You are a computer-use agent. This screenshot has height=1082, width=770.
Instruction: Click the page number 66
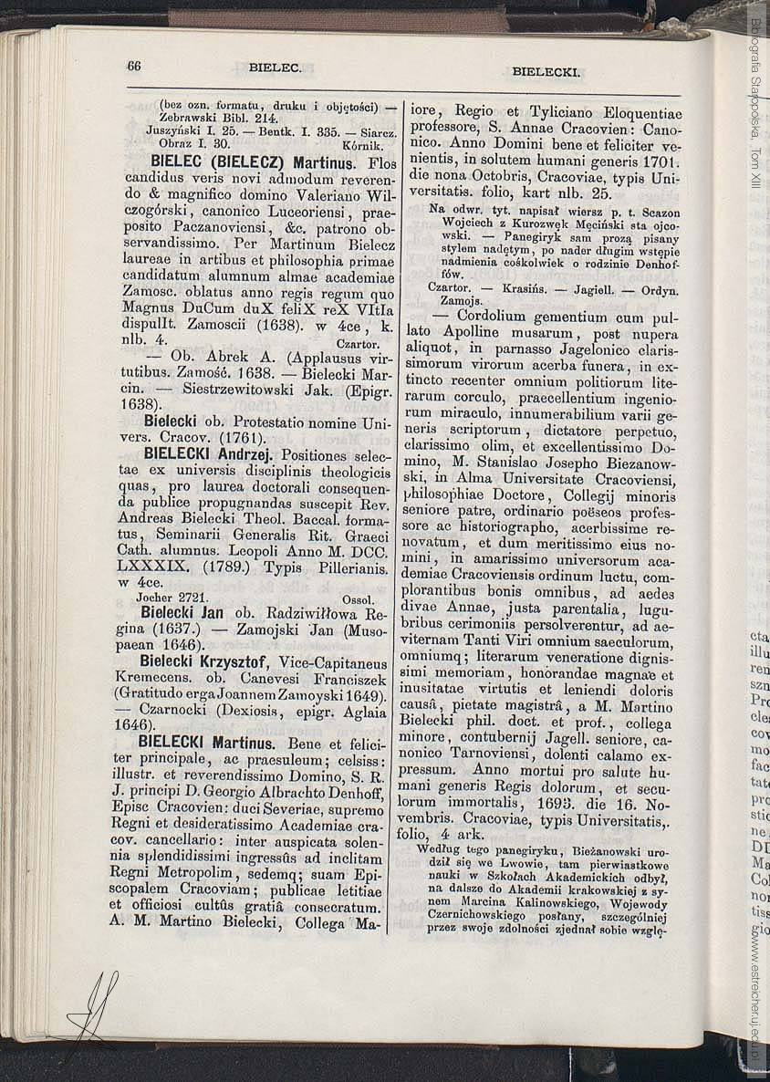[x=134, y=66]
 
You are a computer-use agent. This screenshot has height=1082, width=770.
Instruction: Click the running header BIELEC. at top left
[x=276, y=68]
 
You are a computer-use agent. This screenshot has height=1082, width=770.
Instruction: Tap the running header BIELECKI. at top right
[x=546, y=71]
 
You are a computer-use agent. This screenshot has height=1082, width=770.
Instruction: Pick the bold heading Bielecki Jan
[x=182, y=612]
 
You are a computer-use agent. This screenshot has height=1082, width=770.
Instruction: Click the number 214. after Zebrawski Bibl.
[x=260, y=118]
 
